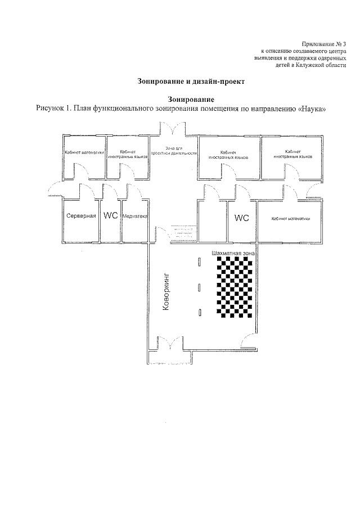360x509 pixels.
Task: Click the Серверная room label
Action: point(82,216)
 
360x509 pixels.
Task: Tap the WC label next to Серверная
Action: point(111,216)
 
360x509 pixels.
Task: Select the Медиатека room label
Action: point(134,216)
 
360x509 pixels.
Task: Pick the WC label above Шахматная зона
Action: point(241,217)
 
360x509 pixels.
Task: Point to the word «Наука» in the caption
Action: point(310,108)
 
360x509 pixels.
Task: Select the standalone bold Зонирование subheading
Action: point(179,98)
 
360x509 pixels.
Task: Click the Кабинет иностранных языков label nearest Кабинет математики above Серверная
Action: point(127,154)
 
